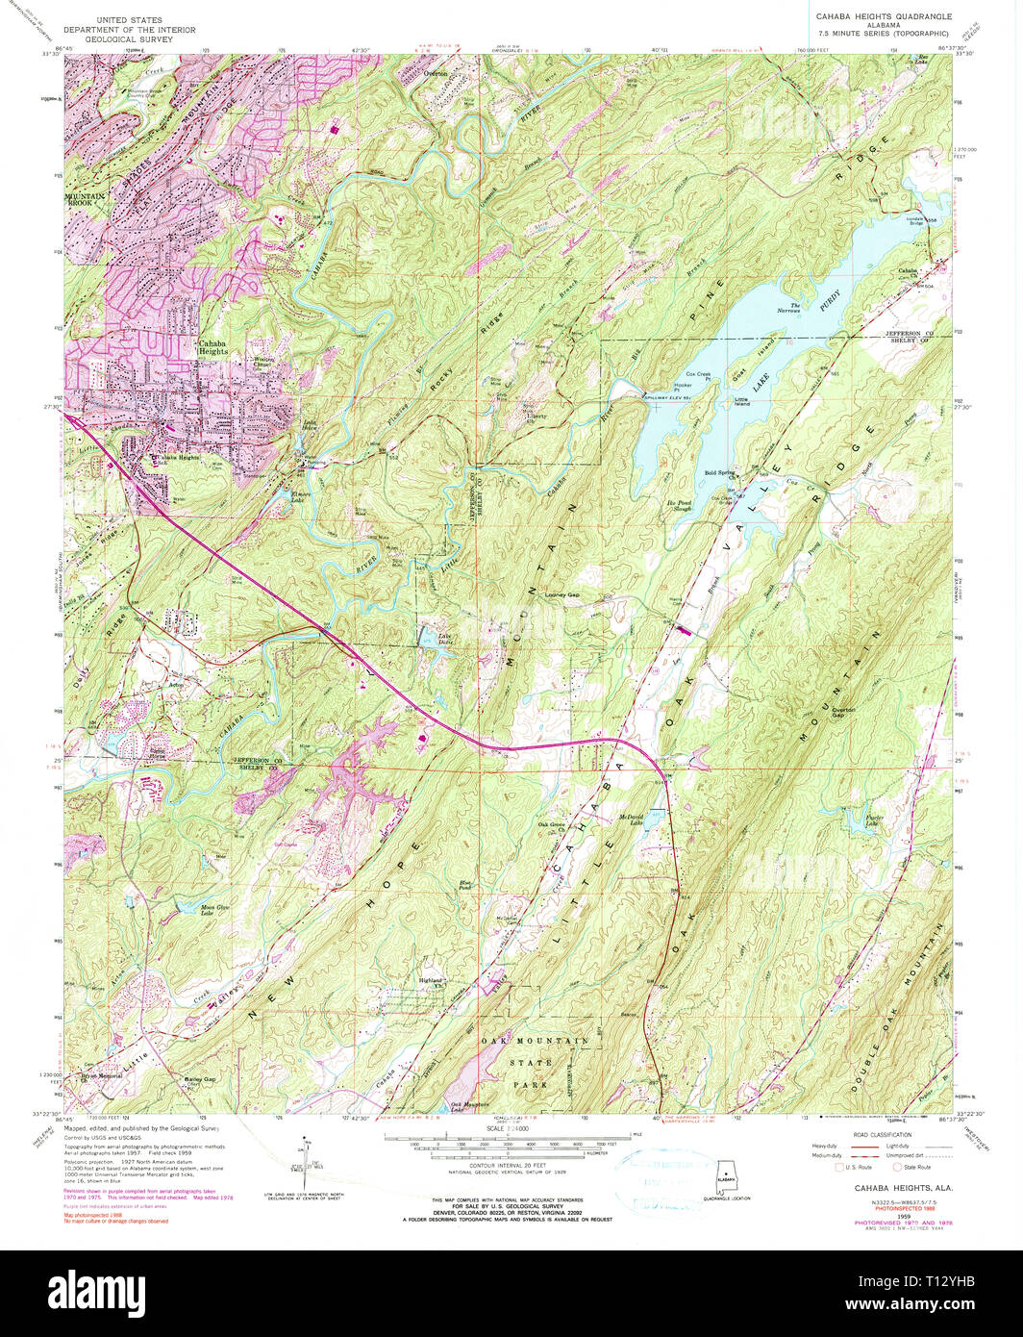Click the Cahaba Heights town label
212,347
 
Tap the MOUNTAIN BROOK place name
84,200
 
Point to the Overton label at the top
436,73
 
